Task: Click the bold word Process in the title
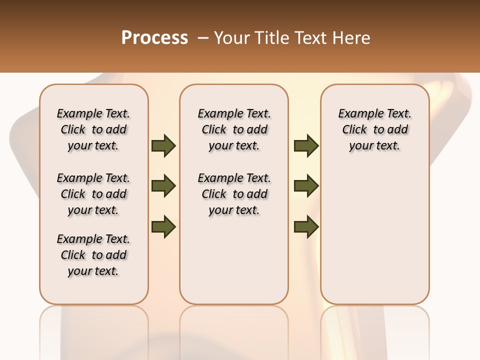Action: pos(154,38)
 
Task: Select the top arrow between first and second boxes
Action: pos(163,146)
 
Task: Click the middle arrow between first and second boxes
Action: pos(163,186)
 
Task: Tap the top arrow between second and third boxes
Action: pos(306,146)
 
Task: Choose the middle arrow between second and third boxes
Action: pos(306,186)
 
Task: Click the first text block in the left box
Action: pos(93,129)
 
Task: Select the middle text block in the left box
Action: pos(93,194)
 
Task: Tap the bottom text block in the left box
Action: pos(93,255)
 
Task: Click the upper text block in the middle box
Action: pos(234,129)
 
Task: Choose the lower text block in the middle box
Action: pos(234,194)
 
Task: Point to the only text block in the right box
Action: pos(374,129)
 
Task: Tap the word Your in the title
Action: pos(229,38)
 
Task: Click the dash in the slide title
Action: pos(203,38)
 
